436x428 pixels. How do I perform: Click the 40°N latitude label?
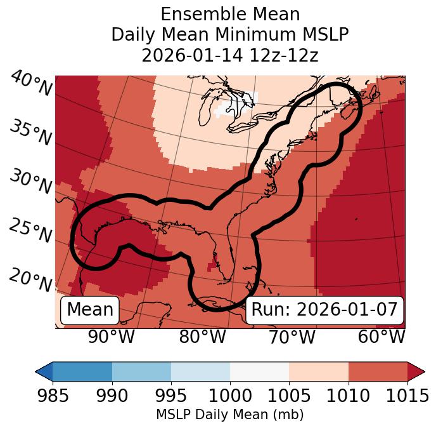[31, 84]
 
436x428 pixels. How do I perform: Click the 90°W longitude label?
[112, 337]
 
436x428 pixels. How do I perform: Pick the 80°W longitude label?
[202, 337]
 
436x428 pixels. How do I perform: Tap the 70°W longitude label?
[292, 337]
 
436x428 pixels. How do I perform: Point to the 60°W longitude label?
[381, 337]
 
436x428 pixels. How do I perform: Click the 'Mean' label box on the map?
[90, 310]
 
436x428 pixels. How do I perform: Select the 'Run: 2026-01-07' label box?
[324, 310]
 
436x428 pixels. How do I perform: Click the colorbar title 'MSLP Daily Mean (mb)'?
[230, 415]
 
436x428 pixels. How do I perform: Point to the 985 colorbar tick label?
[53, 396]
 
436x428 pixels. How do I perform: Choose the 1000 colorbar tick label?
[230, 396]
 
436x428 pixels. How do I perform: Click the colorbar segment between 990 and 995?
[141, 371]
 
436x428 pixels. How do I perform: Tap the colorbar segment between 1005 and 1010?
[319, 371]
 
